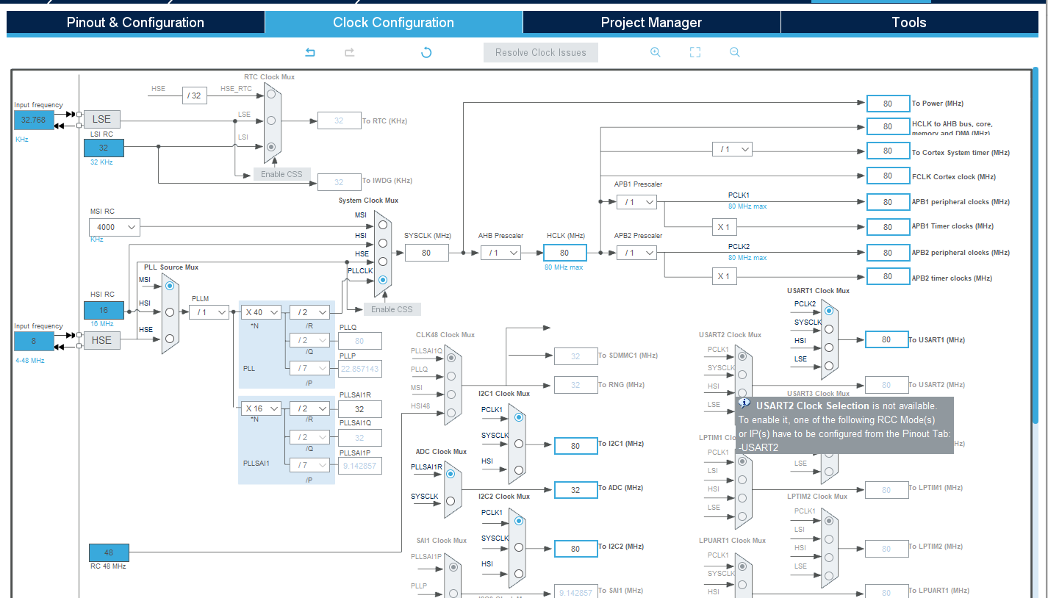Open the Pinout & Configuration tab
135,22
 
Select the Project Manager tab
651,22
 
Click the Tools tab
908,22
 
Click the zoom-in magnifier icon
655,52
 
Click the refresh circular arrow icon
426,52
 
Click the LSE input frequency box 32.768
33,120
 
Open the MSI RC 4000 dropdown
114,227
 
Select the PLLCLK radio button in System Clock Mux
382,280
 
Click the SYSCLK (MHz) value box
426,253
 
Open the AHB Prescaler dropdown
500,253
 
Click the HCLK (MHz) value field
564,253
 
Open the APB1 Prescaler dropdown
636,201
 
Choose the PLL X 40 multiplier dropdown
261,312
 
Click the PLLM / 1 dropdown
209,312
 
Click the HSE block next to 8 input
101,340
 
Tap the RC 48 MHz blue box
109,552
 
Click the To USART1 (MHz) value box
886,339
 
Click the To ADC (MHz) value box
575,490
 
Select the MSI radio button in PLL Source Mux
170,285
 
